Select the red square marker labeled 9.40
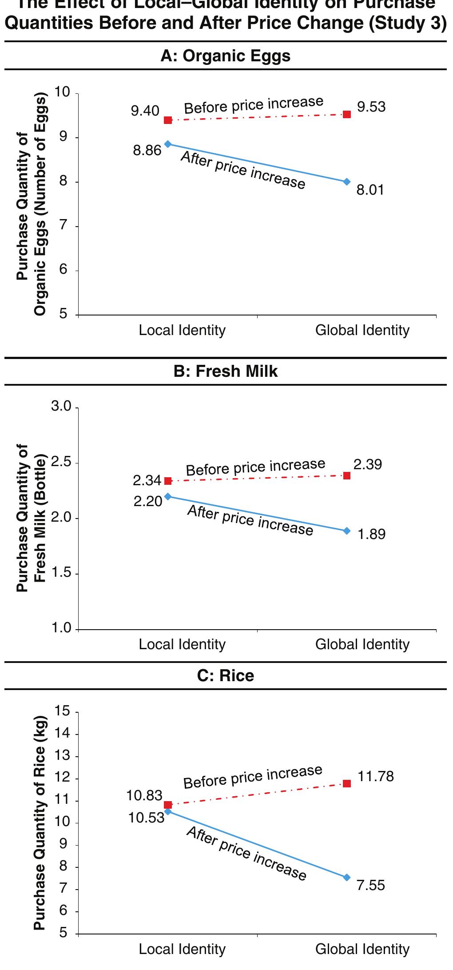168,120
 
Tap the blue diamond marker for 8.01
347,182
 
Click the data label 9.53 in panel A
371,107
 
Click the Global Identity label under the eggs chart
362,331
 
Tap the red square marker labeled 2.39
347,475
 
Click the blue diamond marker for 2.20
168,496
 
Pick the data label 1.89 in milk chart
371,534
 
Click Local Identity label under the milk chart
182,644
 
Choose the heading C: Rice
225,676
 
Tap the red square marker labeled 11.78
347,783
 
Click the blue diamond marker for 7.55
347,877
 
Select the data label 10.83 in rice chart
144,795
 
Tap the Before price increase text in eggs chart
254,105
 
